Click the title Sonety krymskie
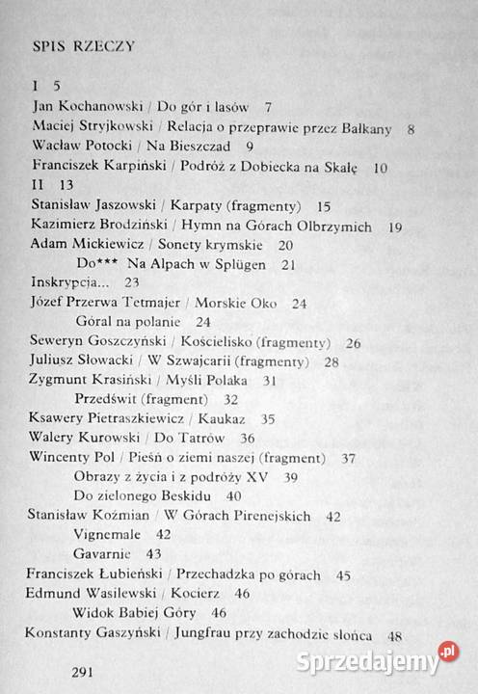[x=209, y=244]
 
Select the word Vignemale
[x=109, y=533]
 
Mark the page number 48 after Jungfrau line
[x=394, y=635]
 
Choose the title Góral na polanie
[x=126, y=321]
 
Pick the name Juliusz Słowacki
[x=82, y=360]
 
